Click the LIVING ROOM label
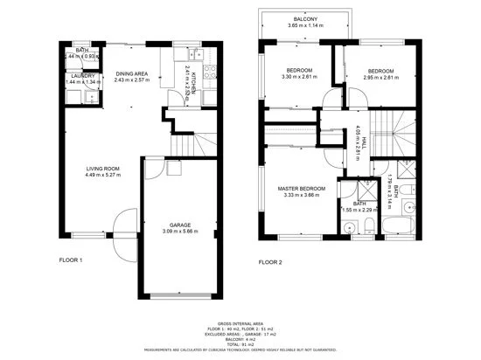(x=101, y=168)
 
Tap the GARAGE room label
(x=180, y=224)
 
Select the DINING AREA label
(x=131, y=73)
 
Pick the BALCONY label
(x=306, y=18)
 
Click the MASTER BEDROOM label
(x=302, y=189)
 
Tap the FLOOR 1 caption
(x=70, y=260)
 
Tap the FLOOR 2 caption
(x=270, y=260)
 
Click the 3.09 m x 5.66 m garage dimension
(x=180, y=231)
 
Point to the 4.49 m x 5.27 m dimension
(x=101, y=175)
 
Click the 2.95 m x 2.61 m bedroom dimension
(x=382, y=78)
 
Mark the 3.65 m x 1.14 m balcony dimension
(x=306, y=25)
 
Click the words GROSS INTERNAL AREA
(x=240, y=322)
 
